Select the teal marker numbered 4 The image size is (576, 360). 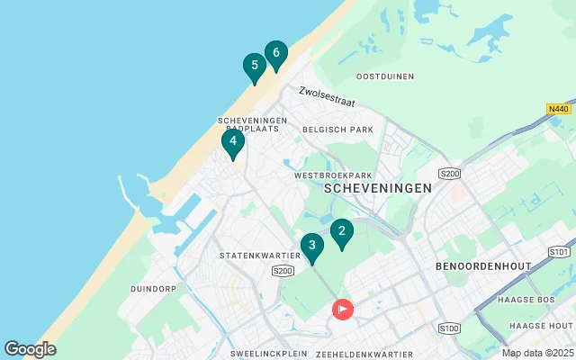pos(233,142)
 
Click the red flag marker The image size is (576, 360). pos(343,309)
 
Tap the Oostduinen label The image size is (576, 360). pos(384,76)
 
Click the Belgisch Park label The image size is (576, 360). pos(337,130)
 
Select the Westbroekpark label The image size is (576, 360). pos(333,175)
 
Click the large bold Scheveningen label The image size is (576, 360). pos(377,188)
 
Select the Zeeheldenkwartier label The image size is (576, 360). pos(370,355)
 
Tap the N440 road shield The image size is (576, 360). pos(558,109)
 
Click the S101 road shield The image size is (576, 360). pos(558,253)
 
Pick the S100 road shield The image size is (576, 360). pos(449,329)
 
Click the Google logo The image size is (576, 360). pos(30,349)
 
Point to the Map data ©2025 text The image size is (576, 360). pos(536,353)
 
